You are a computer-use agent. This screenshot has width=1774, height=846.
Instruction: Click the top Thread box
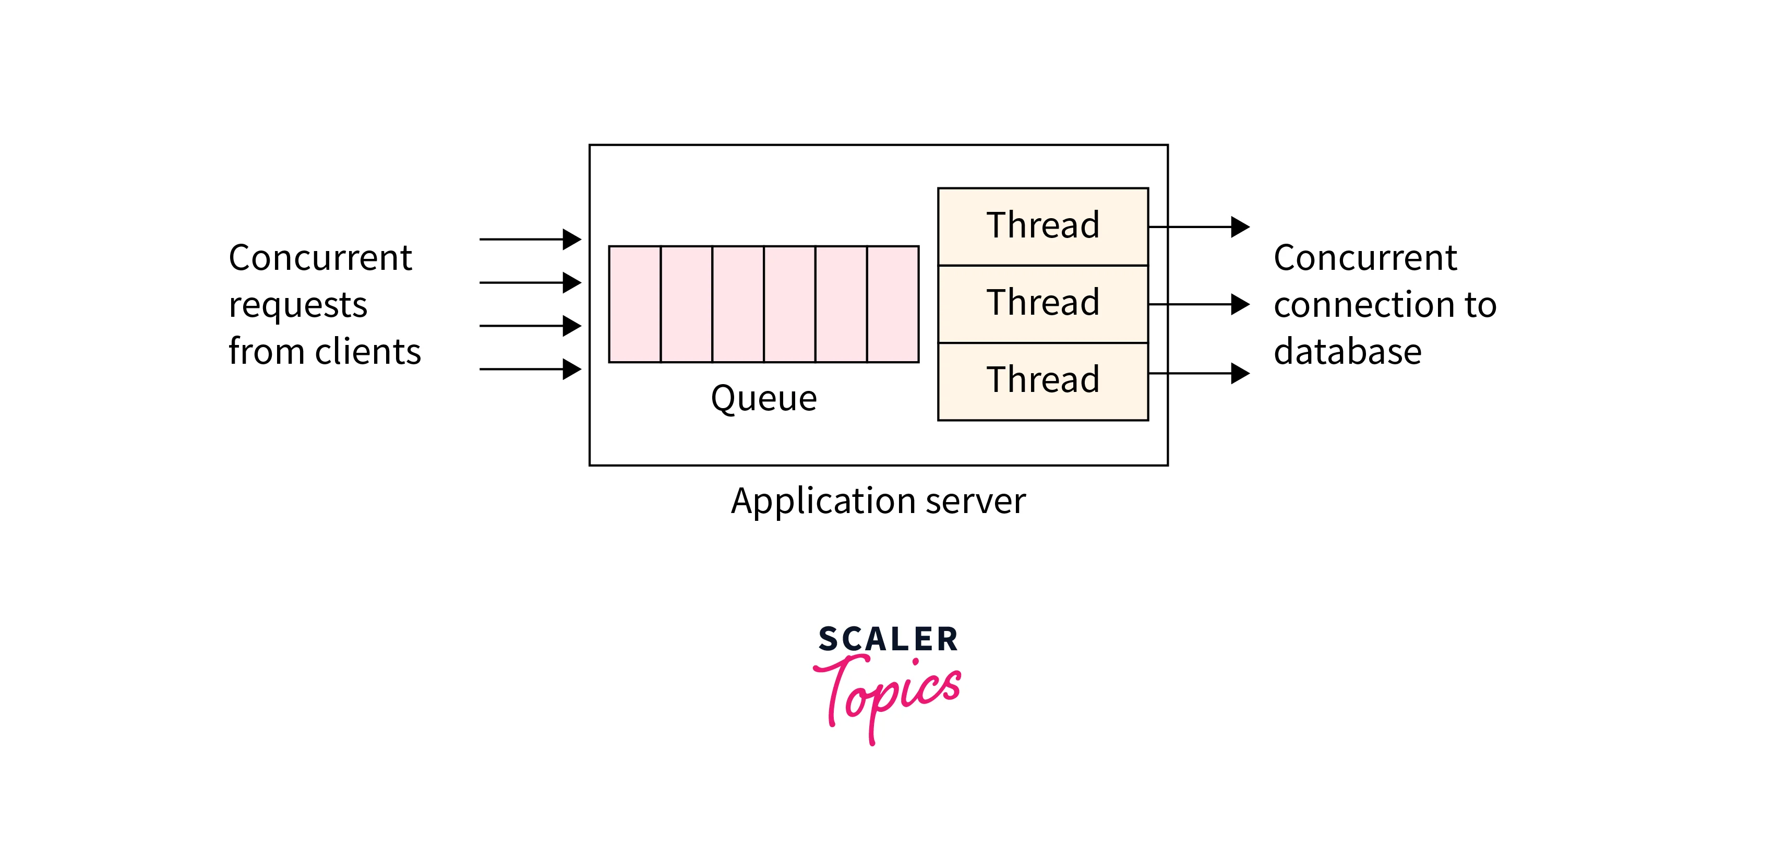coord(1042,226)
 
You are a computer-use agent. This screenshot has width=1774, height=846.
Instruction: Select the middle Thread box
coord(1042,303)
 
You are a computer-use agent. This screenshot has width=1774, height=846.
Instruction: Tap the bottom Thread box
coord(1042,380)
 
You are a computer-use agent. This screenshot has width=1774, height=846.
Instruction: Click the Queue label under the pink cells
coord(764,398)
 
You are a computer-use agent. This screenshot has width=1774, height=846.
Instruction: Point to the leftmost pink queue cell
coord(634,304)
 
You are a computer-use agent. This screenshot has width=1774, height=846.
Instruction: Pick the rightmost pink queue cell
coord(893,304)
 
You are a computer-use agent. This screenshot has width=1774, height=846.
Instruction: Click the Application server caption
coord(878,501)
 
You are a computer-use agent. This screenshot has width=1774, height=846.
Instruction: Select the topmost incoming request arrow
coord(530,239)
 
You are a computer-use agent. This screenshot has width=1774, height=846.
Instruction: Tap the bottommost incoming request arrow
coord(530,370)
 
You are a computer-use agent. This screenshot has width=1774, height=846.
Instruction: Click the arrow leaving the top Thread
coord(1198,227)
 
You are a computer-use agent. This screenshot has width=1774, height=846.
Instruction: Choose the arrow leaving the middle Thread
coord(1198,304)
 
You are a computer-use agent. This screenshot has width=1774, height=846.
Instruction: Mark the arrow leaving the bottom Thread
coord(1198,373)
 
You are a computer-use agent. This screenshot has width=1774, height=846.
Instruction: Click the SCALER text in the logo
coord(888,639)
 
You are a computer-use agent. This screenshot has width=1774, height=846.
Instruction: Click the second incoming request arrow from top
coord(530,282)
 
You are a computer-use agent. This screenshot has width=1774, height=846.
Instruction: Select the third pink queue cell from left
coord(738,304)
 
